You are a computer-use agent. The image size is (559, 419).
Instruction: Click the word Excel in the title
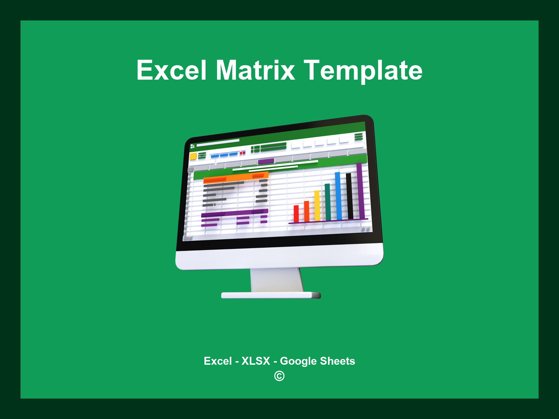click(x=171, y=70)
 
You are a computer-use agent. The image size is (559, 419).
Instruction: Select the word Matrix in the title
click(x=255, y=70)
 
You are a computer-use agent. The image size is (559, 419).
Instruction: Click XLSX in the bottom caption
click(x=256, y=361)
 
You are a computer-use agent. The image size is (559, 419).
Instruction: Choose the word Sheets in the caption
click(x=337, y=361)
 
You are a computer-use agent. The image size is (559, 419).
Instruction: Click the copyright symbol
click(x=279, y=376)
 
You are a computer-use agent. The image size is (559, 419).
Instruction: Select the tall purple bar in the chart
click(x=360, y=191)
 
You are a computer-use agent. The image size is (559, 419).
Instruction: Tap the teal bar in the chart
click(x=328, y=202)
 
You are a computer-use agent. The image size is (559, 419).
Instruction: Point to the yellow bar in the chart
click(x=317, y=205)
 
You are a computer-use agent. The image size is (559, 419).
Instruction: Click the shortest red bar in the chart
click(x=296, y=214)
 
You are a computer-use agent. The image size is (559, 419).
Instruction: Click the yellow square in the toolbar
click(x=193, y=156)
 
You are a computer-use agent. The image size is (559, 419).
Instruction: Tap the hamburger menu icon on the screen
click(x=359, y=136)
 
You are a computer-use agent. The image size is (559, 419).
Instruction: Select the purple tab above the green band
click(x=266, y=161)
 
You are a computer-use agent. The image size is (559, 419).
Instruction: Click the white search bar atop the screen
click(x=218, y=143)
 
